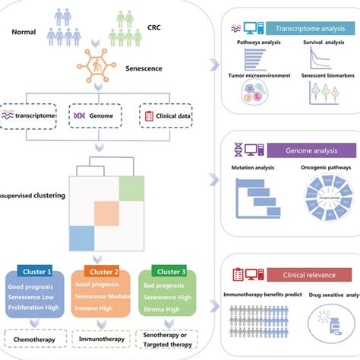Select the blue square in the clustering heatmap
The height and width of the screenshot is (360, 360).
(x=81, y=238)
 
